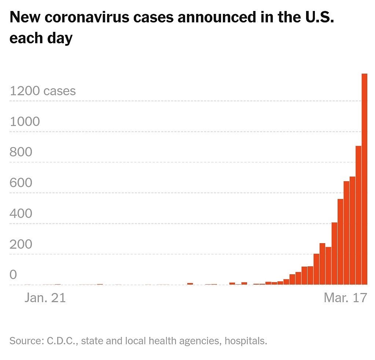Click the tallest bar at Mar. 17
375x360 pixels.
[364, 179]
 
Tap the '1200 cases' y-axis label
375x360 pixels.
[43, 91]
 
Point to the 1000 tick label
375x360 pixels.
[25, 122]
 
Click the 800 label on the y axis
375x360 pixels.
[21, 152]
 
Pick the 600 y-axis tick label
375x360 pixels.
[21, 183]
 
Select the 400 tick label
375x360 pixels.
[21, 214]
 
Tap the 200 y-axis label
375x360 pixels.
[21, 244]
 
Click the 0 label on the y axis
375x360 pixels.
[14, 275]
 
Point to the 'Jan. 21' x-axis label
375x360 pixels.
[45, 298]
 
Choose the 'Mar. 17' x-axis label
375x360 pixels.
[345, 298]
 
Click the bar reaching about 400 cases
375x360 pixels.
[334, 253]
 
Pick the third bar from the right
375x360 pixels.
[352, 231]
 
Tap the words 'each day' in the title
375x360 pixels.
[41, 38]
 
